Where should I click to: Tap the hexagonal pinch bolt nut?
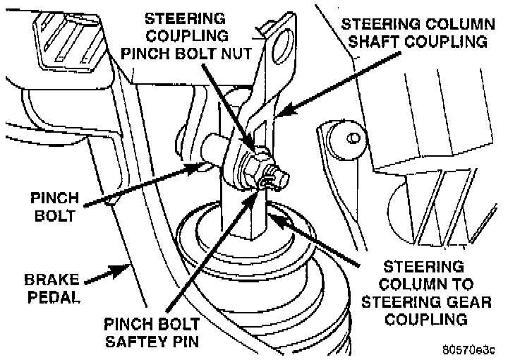[x=252, y=166]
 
